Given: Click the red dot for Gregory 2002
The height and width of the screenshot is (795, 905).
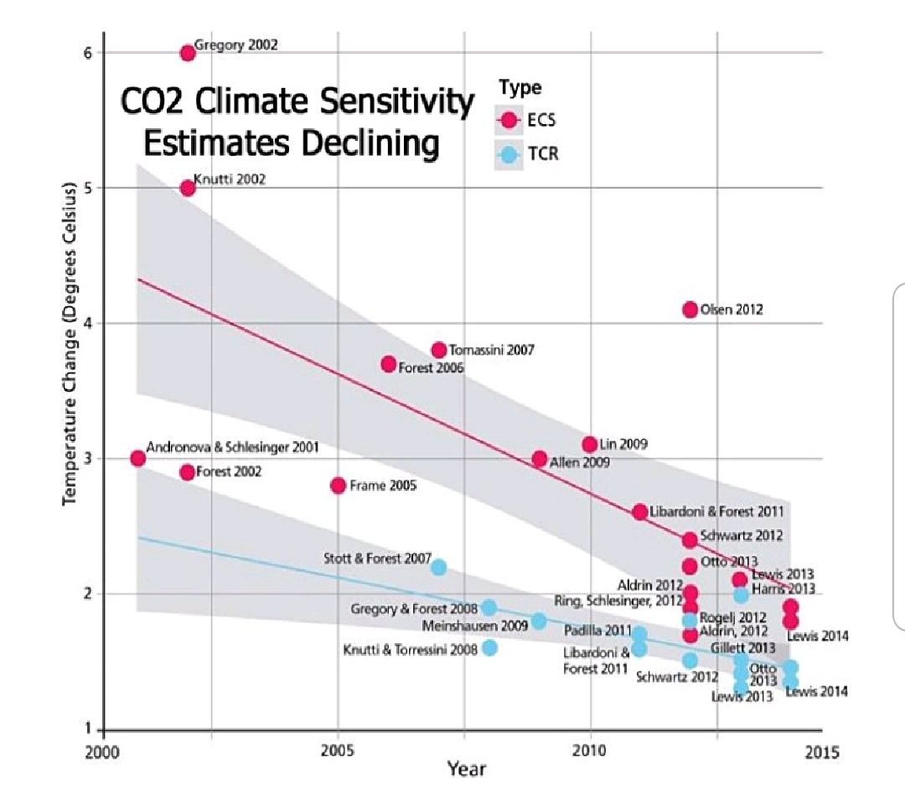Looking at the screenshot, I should [x=188, y=53].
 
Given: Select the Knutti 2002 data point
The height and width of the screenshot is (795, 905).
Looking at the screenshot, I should [x=188, y=188].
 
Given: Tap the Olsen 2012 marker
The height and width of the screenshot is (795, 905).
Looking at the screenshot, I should [x=690, y=309].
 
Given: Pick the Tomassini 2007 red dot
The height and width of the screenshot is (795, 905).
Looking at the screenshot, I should [x=439, y=350].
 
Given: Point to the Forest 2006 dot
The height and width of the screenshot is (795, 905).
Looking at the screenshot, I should [x=389, y=364].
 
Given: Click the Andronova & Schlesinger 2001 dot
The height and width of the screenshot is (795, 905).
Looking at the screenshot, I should [x=138, y=458].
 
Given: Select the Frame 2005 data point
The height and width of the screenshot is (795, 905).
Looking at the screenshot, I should [x=339, y=485].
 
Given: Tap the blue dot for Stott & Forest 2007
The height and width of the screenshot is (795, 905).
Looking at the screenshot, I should [x=439, y=567].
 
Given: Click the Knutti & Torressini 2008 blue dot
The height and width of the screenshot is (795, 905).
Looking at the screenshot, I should [x=490, y=647].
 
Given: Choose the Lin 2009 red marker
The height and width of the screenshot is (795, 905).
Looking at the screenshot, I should [x=590, y=444].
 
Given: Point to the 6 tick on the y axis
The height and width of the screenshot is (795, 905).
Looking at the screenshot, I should [x=86, y=53].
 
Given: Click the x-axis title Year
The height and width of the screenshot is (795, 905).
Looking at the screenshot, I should [x=466, y=767].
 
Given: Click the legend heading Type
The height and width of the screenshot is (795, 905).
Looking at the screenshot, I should [x=520, y=87].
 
